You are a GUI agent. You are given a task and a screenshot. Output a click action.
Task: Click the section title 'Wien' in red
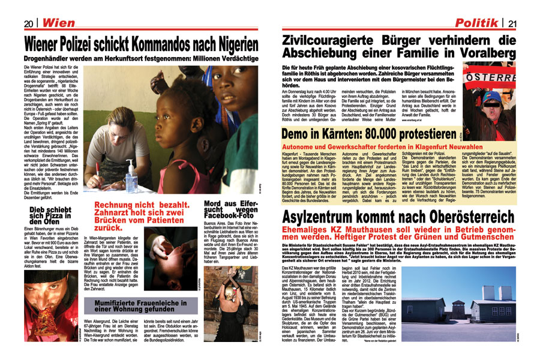point(57,23)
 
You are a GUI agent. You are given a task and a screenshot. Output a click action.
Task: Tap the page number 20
point(28,23)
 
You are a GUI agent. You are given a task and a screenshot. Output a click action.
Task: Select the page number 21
point(512,23)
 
